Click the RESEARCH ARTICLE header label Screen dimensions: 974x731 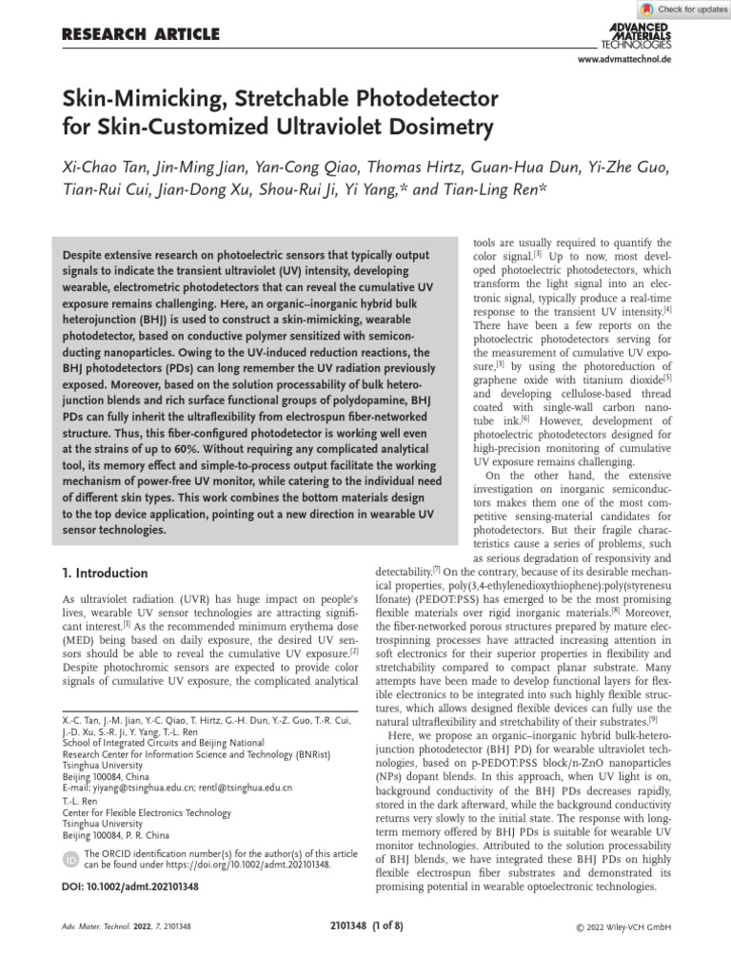[140, 35]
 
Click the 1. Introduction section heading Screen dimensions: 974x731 [105, 574]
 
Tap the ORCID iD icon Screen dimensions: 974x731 [70, 860]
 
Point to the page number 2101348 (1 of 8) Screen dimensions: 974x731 [365, 925]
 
